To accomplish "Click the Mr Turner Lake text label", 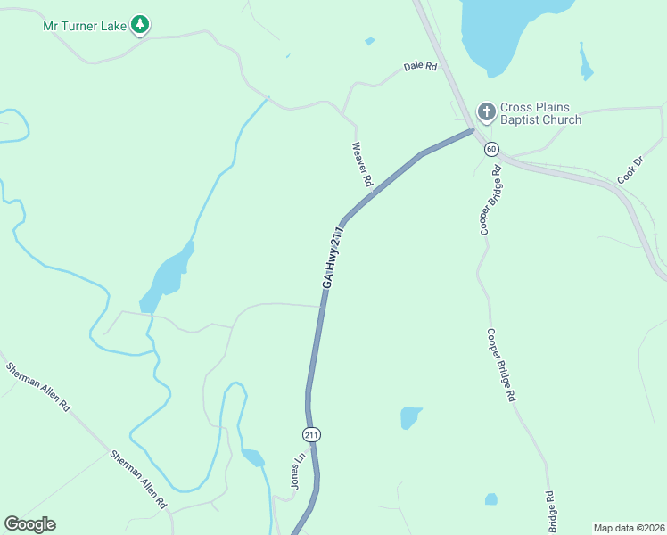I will click(x=86, y=25).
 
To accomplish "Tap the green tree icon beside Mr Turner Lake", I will click(x=139, y=24).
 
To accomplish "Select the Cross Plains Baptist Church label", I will click(x=540, y=113).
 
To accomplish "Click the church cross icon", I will click(x=486, y=112).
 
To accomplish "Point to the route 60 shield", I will click(x=491, y=149).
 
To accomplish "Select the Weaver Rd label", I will click(x=362, y=164).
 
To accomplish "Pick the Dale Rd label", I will click(x=420, y=66).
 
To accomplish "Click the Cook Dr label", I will click(x=630, y=171).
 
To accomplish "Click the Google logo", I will click(x=29, y=524).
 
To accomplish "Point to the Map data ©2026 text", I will click(x=628, y=528).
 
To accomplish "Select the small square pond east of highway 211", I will click(x=410, y=417).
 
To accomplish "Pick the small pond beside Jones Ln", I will click(x=253, y=458).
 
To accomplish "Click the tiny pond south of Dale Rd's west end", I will click(x=370, y=41).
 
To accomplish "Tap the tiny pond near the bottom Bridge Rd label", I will click(x=490, y=499).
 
